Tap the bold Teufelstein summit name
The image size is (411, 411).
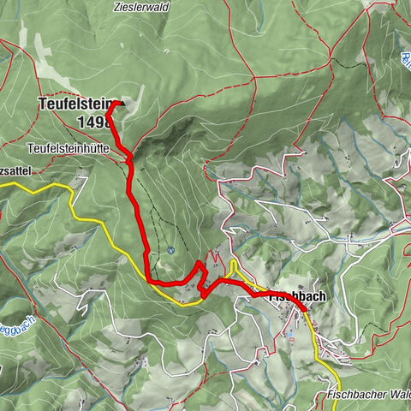coord(74,104)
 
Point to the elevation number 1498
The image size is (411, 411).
coord(93,122)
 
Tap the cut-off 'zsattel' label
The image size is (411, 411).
coord(15,171)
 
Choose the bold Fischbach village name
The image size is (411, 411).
coord(287,296)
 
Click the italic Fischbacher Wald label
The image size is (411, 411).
coord(366,396)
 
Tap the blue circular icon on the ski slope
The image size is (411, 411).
coord(172,250)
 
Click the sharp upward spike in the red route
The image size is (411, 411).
coord(199,262)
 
